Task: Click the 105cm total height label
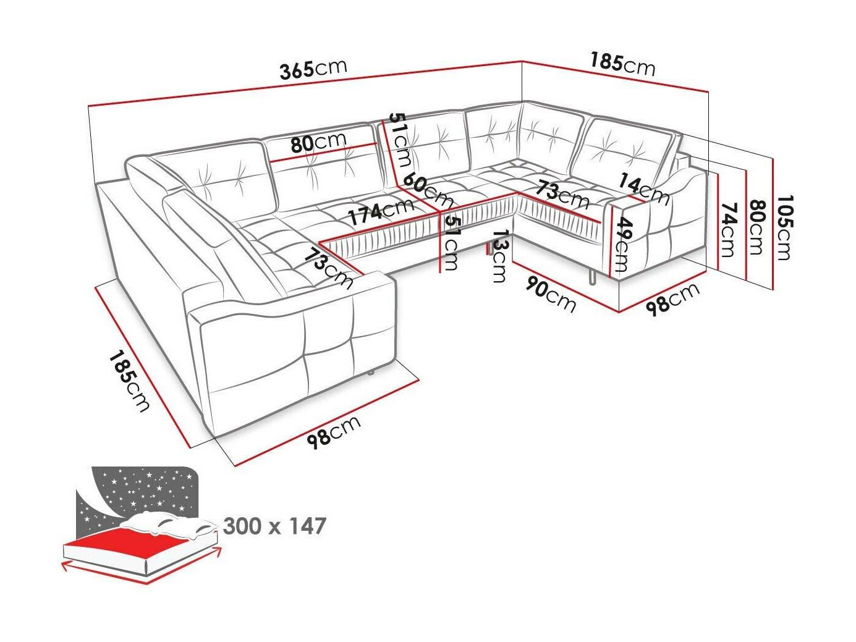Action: (x=784, y=227)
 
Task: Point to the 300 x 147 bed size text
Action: (x=274, y=526)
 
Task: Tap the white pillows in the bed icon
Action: (x=169, y=522)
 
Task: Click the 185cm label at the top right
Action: (x=622, y=64)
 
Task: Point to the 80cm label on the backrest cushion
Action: (x=318, y=143)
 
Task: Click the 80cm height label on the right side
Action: (x=756, y=227)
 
